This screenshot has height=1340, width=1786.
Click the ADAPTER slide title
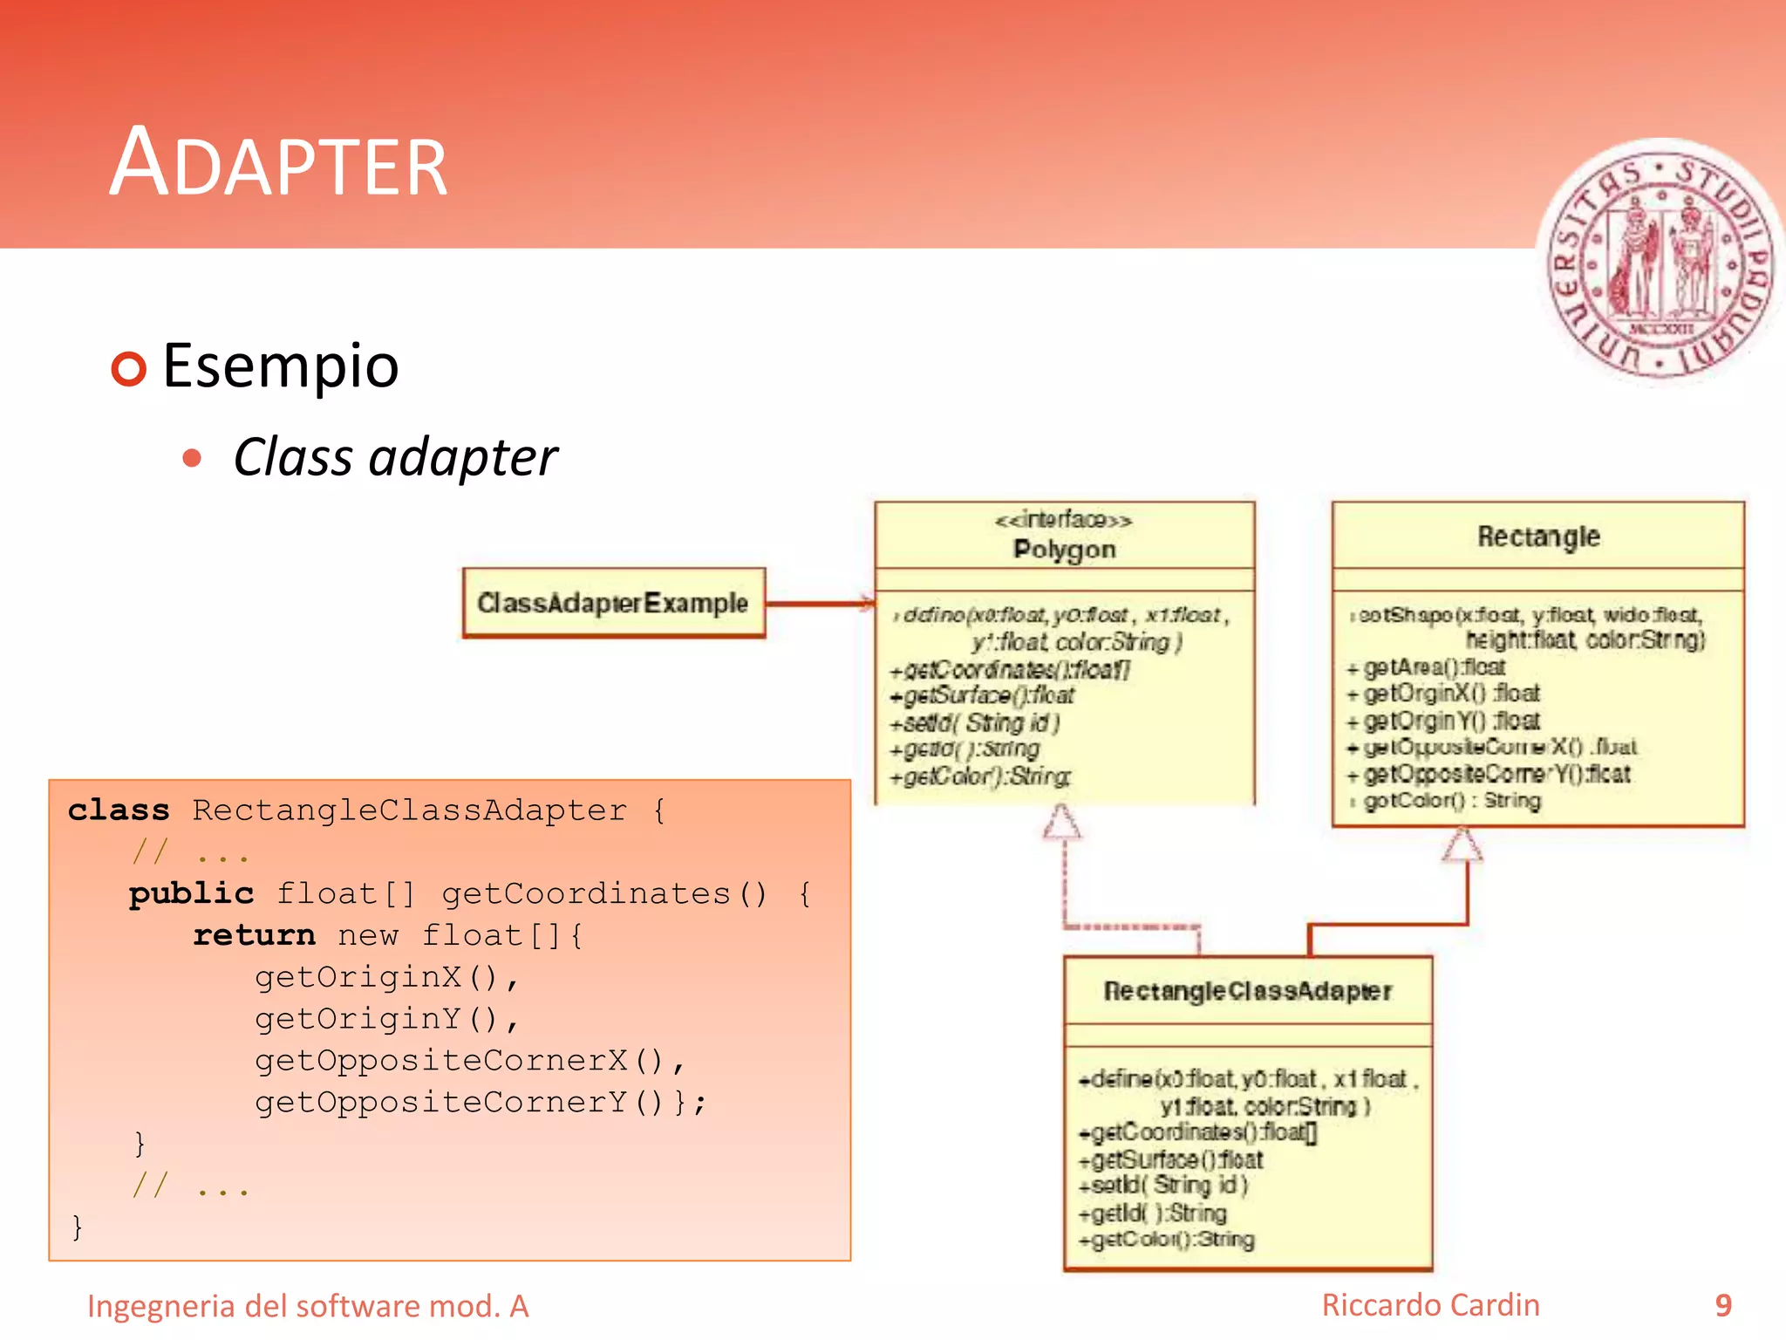tap(279, 164)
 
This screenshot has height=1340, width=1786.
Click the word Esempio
tap(281, 366)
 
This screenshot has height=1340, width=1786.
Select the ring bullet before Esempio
tap(129, 368)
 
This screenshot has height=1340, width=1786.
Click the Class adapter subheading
tap(395, 458)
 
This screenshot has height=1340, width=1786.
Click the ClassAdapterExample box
tap(613, 603)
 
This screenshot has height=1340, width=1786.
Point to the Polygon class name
tap(1064, 550)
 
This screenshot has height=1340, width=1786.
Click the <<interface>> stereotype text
tap(1064, 521)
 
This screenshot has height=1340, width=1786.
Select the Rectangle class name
tap(1538, 537)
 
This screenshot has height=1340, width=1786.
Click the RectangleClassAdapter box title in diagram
tap(1247, 992)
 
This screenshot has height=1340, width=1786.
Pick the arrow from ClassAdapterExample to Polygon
tap(820, 603)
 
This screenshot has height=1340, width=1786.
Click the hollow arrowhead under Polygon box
tap(1062, 823)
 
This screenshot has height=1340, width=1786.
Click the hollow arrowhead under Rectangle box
tap(1462, 844)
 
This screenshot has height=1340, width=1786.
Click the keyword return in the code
tap(254, 935)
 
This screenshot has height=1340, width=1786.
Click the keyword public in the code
tap(191, 894)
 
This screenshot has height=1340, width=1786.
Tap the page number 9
tap(1722, 1305)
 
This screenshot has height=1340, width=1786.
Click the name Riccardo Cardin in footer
tap(1430, 1305)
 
